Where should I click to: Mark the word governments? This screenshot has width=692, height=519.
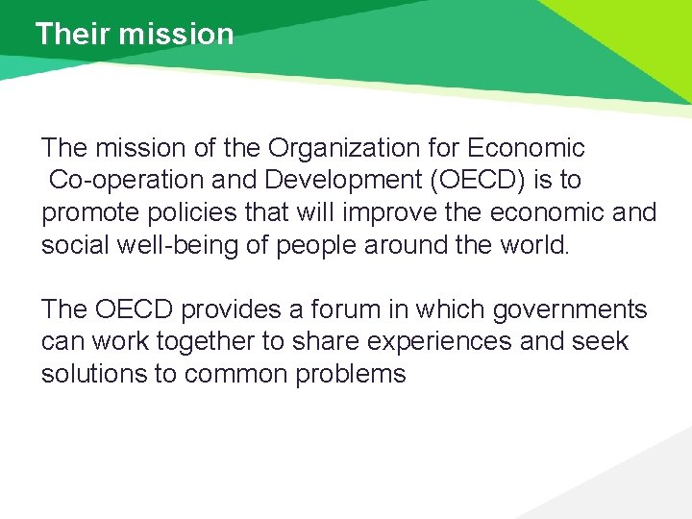(571, 309)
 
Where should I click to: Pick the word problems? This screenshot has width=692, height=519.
(351, 374)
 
